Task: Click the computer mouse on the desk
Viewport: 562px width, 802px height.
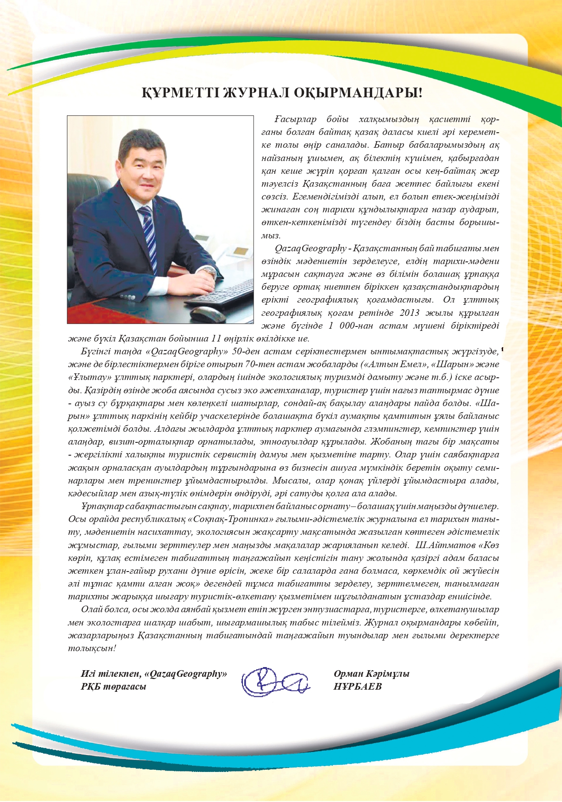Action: [208, 314]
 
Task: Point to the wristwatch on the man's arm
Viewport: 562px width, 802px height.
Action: [211, 274]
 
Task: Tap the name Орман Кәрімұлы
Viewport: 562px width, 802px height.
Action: [372, 674]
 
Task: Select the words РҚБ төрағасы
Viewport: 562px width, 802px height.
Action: [113, 687]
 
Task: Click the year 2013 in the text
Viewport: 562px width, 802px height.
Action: [409, 313]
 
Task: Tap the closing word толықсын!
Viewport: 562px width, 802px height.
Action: [92, 648]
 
